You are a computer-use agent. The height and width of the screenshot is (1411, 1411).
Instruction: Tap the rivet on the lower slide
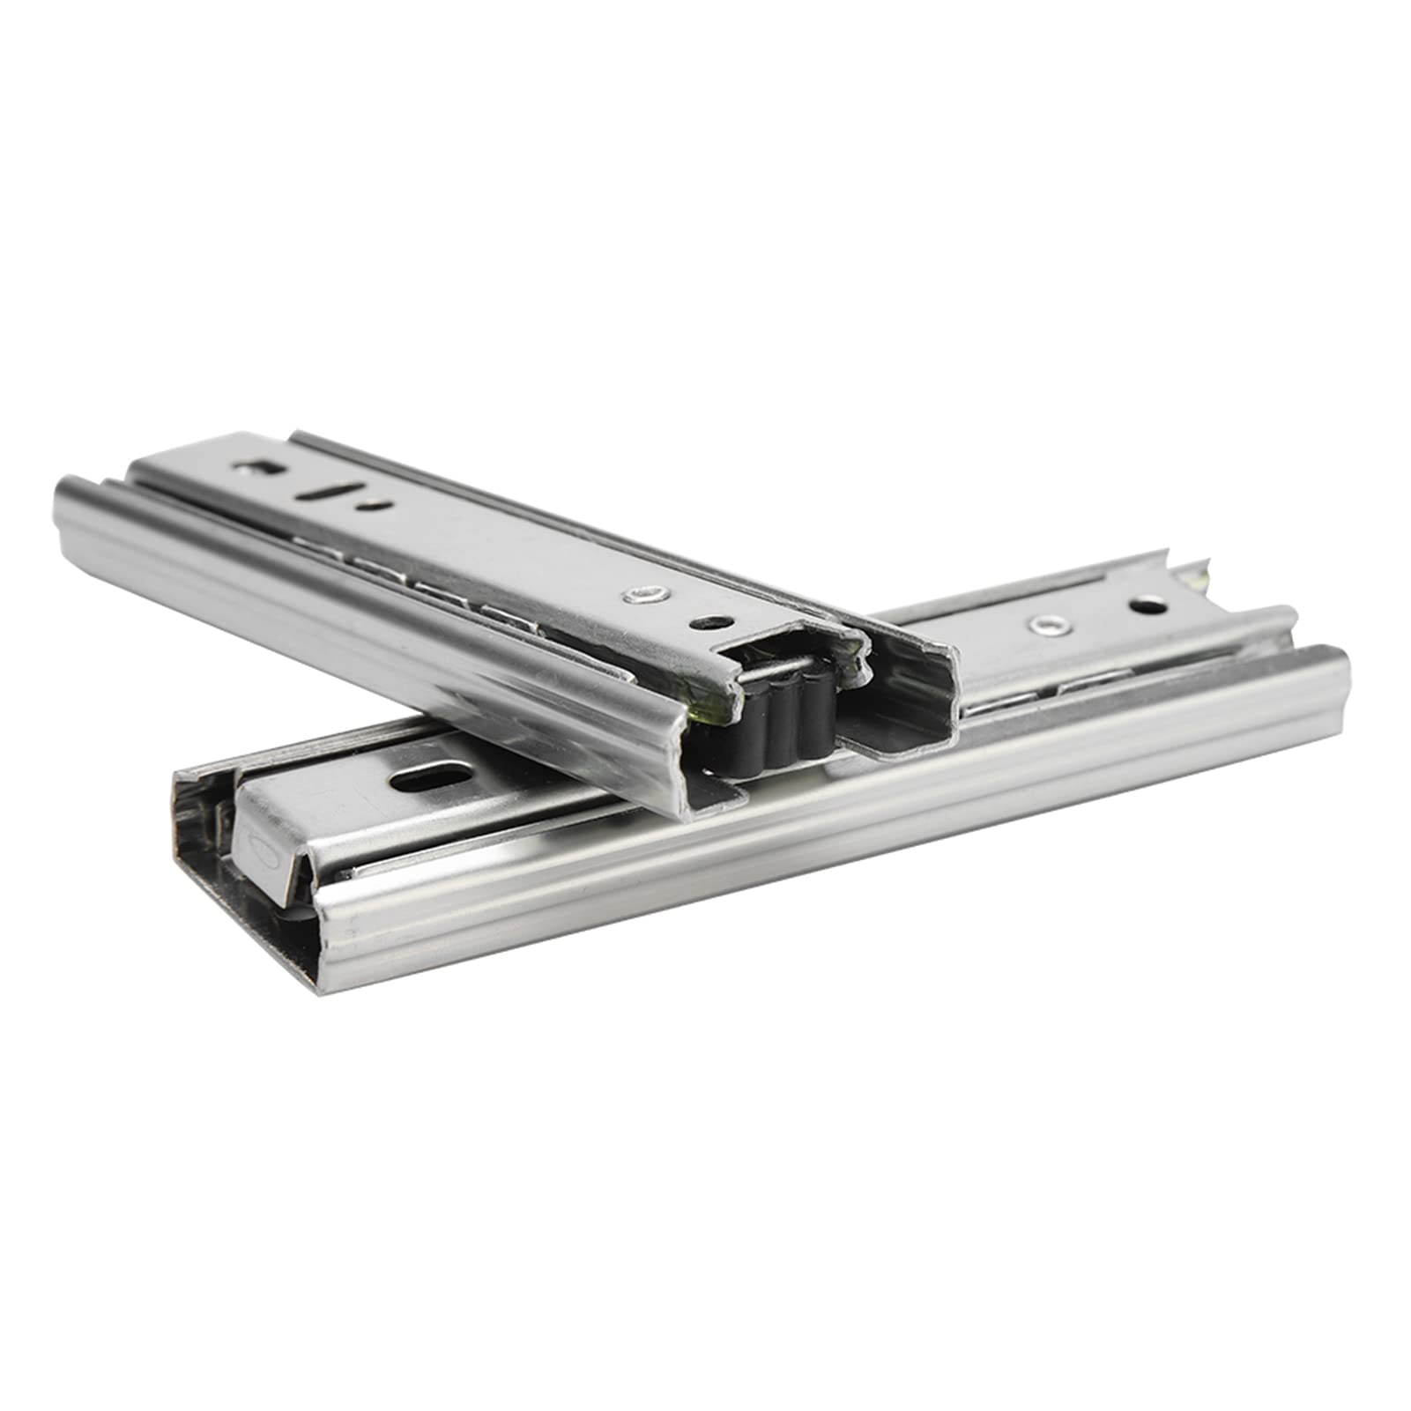click(x=1045, y=626)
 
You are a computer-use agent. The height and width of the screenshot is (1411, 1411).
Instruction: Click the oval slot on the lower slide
click(x=431, y=779)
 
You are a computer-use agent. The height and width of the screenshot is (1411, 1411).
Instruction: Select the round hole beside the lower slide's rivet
click(x=1147, y=606)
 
